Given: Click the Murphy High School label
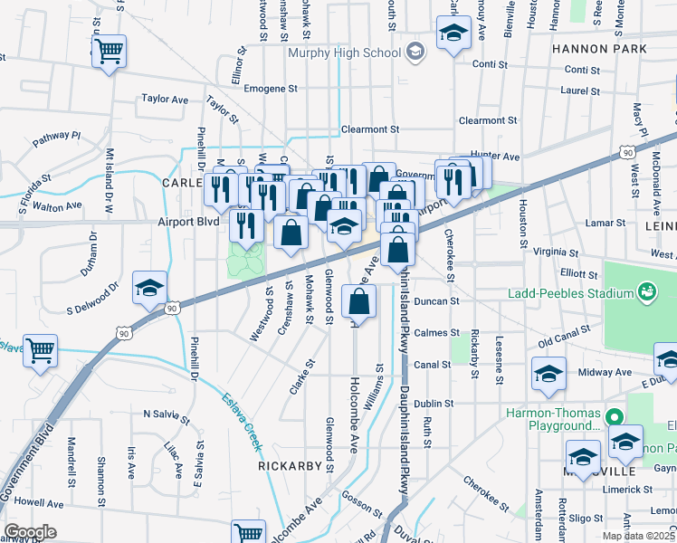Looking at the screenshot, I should coord(344,52).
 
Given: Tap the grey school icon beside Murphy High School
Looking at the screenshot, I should coord(415,51).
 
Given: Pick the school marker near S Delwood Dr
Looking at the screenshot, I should coord(149,288).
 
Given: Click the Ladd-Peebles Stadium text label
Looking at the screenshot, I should coord(584,293).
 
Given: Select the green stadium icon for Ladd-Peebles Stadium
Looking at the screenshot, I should coord(646,292).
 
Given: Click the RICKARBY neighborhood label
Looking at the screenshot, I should coord(290,467).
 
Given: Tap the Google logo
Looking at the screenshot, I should coord(30,532).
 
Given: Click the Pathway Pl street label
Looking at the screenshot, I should coord(57,138).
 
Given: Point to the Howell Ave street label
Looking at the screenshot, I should coord(39,503).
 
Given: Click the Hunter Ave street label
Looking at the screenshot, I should coord(495,157).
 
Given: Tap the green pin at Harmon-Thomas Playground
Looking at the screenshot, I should coord(614,417).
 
